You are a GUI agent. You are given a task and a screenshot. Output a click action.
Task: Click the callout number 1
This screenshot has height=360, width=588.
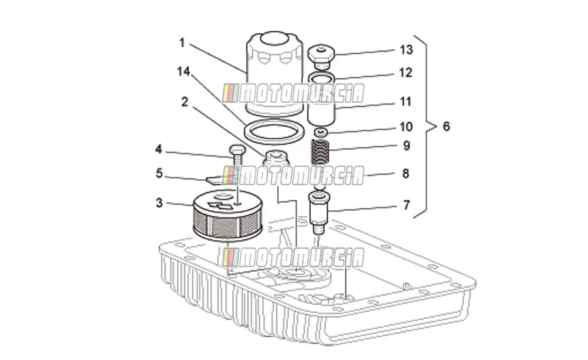point(182,43)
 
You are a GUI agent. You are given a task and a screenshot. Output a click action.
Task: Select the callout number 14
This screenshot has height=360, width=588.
point(184,71)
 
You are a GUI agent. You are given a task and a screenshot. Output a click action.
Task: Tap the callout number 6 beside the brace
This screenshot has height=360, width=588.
point(446,126)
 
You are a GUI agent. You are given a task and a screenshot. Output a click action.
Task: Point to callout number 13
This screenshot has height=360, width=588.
point(406,49)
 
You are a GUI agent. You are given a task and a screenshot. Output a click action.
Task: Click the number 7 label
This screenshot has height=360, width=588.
point(406,205)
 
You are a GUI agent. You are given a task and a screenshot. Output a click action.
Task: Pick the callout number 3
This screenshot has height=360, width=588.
point(159,203)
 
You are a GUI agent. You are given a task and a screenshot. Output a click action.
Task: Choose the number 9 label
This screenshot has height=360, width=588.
point(406,145)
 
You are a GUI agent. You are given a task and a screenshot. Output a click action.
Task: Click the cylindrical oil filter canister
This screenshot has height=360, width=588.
point(274,73)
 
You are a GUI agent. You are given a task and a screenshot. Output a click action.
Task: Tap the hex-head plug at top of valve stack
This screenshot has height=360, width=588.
point(321,57)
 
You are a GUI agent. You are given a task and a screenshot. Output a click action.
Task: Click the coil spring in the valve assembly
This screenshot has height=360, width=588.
point(320,152)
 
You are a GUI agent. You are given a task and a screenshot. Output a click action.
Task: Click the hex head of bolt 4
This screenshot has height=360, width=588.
point(237,151)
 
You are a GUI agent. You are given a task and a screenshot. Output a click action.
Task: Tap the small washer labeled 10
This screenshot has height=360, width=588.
point(321,132)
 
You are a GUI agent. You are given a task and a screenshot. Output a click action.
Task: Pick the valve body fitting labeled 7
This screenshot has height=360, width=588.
point(319,211)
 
